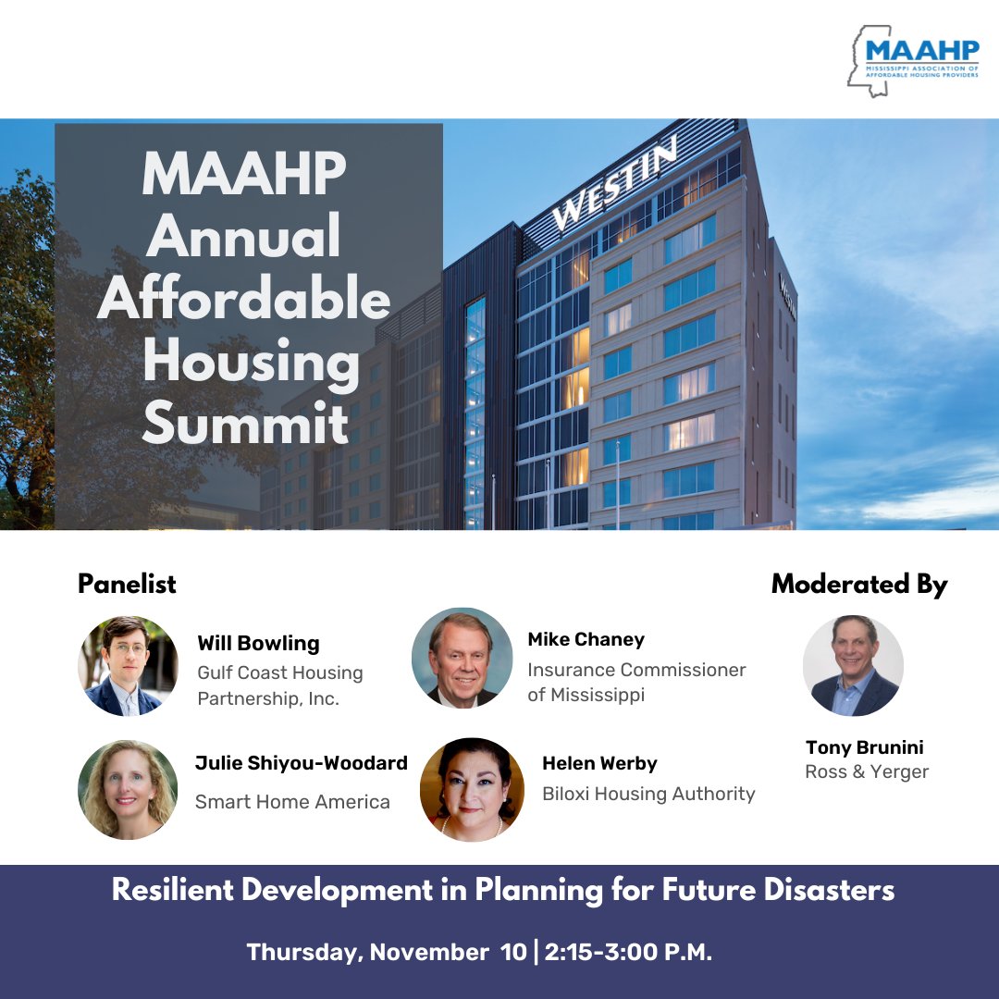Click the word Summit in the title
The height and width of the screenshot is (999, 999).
pyautogui.click(x=245, y=424)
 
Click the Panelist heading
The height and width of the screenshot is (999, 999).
pyautogui.click(x=127, y=584)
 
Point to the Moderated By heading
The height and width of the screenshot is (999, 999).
pyautogui.click(x=858, y=584)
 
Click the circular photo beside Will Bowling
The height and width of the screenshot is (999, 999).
pyautogui.click(x=128, y=666)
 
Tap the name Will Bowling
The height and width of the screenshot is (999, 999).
pyautogui.click(x=258, y=643)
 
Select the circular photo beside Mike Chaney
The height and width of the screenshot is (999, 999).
pyautogui.click(x=462, y=658)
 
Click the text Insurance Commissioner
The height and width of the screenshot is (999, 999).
pyautogui.click(x=636, y=669)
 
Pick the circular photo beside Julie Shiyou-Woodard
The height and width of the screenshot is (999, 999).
pyautogui.click(x=128, y=789)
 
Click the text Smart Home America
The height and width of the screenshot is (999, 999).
pyautogui.click(x=292, y=802)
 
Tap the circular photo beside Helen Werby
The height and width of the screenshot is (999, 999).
pyautogui.click(x=472, y=789)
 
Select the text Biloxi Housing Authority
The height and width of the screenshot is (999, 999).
pyautogui.click(x=648, y=794)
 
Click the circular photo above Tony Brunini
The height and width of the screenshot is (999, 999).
pyautogui.click(x=852, y=666)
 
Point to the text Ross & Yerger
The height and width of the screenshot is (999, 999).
pyautogui.click(x=867, y=771)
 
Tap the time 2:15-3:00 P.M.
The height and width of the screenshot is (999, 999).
pyautogui.click(x=630, y=953)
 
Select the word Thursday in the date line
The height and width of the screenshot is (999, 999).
pyautogui.click(x=302, y=953)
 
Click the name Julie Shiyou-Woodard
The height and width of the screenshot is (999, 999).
pyautogui.click(x=301, y=763)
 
